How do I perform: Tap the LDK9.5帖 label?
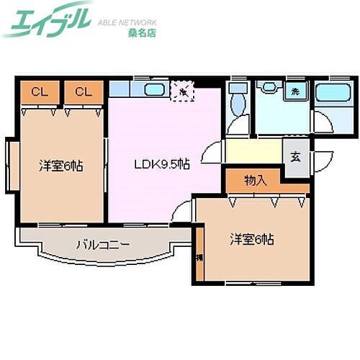click(x=162, y=163)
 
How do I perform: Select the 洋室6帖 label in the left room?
click(x=60, y=166)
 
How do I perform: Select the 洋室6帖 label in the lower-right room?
click(x=251, y=239)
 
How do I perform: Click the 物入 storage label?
click(x=256, y=180)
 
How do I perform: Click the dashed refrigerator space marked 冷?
click(x=184, y=91)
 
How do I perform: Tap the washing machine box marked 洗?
click(x=295, y=91)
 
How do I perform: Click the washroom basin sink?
click(x=269, y=87)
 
